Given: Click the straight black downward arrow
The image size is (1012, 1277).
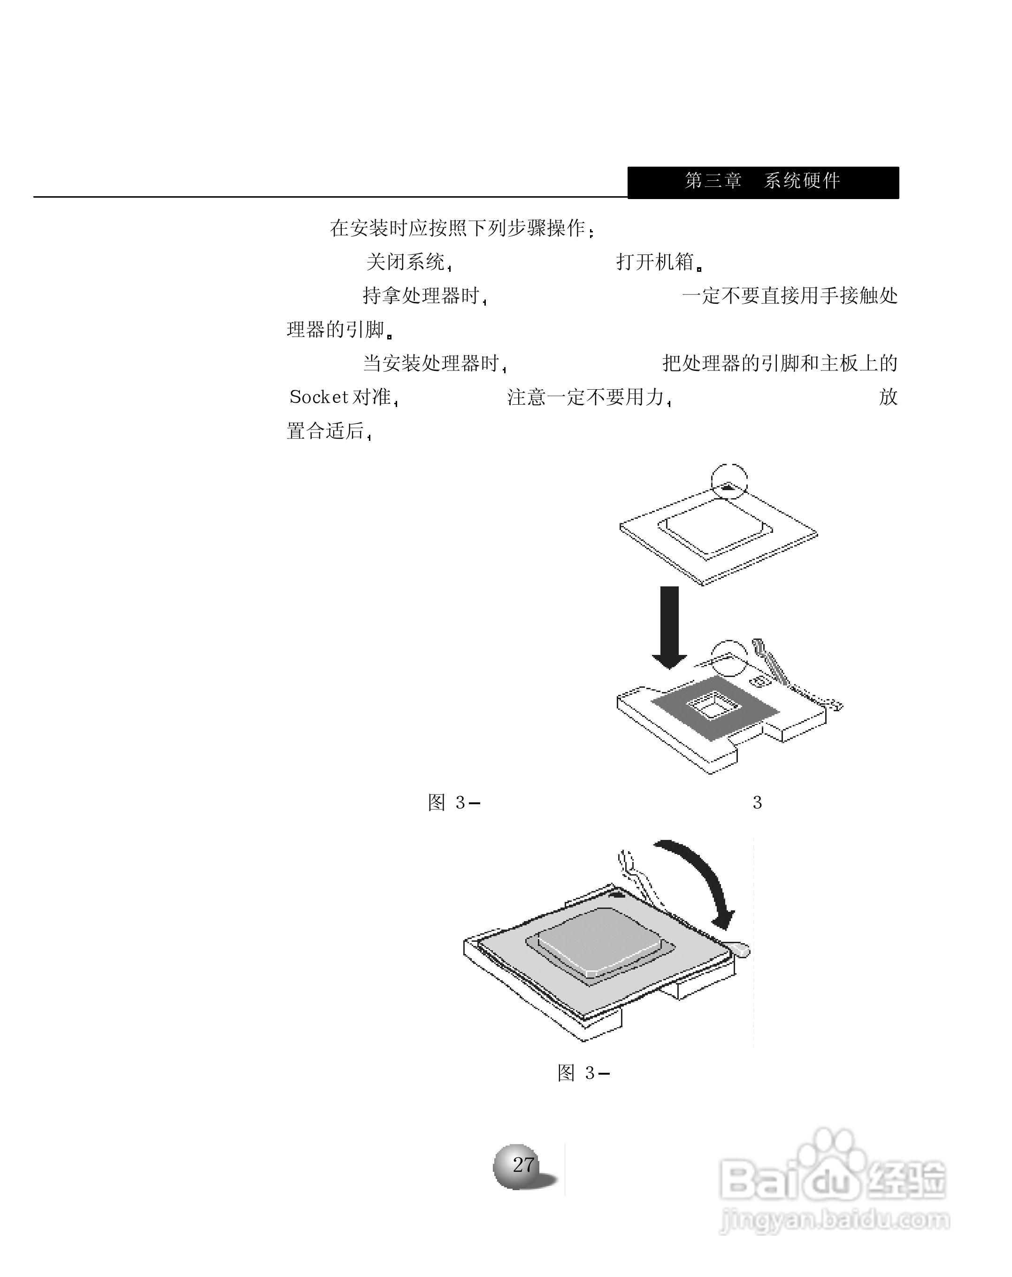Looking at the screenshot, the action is (669, 625).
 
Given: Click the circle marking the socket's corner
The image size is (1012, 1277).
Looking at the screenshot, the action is (729, 657).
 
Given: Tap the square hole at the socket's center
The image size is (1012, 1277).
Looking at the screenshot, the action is (713, 705).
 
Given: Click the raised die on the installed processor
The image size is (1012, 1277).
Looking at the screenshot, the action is (598, 942).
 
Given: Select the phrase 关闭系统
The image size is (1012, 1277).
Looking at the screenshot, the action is (406, 262).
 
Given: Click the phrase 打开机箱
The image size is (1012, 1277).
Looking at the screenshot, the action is (655, 262).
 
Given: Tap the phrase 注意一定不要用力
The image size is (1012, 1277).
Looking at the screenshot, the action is (586, 397).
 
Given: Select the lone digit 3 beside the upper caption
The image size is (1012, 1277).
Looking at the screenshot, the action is (757, 802).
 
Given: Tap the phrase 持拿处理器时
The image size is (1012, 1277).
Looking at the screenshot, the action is (421, 296).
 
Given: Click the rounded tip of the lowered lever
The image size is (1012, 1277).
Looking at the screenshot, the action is (741, 949).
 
